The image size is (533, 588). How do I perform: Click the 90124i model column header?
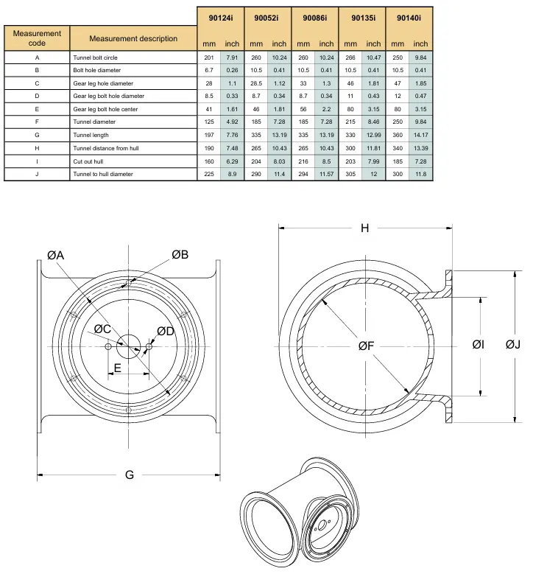(x=221, y=18)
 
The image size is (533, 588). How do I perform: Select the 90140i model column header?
(x=409, y=18)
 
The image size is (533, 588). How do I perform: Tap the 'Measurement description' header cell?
(x=133, y=38)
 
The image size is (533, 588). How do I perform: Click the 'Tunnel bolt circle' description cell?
(x=95, y=57)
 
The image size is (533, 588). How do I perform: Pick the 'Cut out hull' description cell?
(x=88, y=161)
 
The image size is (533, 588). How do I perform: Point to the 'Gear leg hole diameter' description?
(x=103, y=83)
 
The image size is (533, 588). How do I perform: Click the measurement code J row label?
(x=37, y=174)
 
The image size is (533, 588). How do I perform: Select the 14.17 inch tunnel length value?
(x=420, y=135)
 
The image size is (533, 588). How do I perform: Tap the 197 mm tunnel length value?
(x=209, y=135)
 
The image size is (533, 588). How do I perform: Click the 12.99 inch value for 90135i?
(x=373, y=135)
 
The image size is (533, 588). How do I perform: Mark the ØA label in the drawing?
(x=55, y=256)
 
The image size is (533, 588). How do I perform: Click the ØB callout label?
(x=180, y=255)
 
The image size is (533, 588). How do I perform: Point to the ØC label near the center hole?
(x=102, y=329)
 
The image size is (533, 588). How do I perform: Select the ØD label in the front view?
(x=166, y=331)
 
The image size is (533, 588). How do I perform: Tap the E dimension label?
(x=118, y=368)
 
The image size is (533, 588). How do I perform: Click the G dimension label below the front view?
(x=130, y=475)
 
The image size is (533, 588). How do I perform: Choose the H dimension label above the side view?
(x=365, y=228)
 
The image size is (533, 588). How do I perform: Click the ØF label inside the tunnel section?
(x=366, y=346)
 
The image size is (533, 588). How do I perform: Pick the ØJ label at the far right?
(x=513, y=344)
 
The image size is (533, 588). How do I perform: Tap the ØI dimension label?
(x=478, y=344)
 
